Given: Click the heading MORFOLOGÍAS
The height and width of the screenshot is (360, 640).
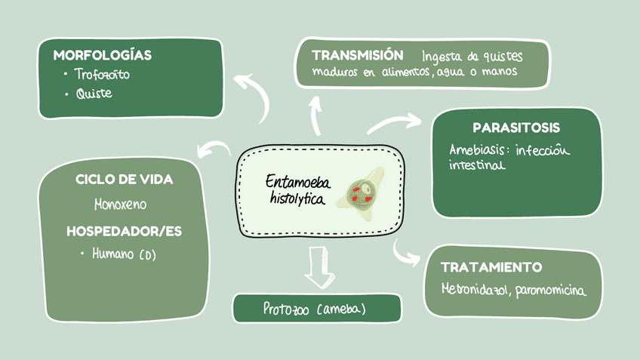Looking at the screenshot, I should click(x=103, y=55).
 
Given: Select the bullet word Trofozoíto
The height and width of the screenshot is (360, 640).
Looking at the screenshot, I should click(x=97, y=75).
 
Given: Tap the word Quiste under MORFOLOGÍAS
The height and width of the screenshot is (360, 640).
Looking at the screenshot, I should click(x=94, y=94).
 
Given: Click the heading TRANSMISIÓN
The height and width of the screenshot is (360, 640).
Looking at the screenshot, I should click(x=357, y=55).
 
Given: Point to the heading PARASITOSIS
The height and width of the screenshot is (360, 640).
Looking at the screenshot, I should click(x=516, y=128).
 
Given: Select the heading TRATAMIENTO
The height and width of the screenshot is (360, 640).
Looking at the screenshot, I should click(x=491, y=267).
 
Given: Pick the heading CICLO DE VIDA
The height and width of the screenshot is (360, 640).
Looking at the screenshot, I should click(x=125, y=180).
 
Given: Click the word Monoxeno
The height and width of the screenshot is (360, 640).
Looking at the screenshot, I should click(x=121, y=205).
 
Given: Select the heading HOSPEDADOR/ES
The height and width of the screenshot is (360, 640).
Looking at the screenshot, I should click(x=125, y=231).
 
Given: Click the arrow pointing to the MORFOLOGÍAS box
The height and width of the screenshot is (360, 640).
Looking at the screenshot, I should click(x=254, y=94).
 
